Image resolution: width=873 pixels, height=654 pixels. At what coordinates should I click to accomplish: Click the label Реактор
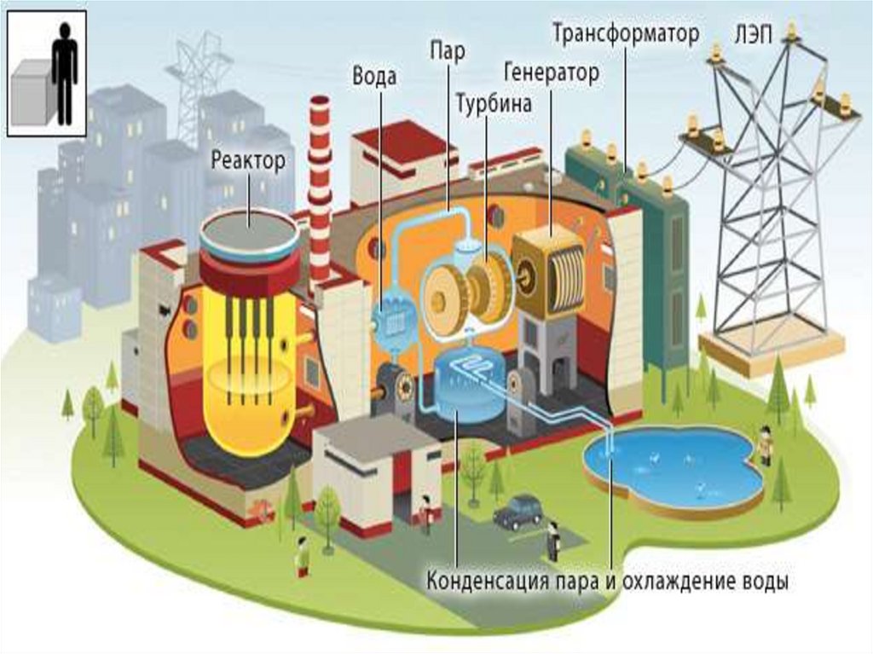pos(248,159)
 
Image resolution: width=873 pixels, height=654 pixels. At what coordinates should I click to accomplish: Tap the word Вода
pos(374,77)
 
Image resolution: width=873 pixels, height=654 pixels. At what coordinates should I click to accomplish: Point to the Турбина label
pos(494,104)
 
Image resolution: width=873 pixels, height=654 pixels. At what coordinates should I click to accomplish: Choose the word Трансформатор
pos(626,33)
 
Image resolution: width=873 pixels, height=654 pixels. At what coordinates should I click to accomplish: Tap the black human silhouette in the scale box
pos(64,72)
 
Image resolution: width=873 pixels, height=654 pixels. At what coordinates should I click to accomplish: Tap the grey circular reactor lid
pos(249,229)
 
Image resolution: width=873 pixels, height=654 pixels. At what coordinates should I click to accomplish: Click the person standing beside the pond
pos(765,443)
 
